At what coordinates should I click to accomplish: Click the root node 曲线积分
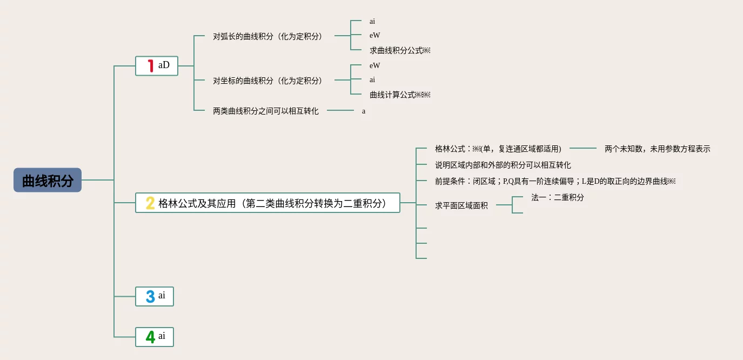(x=48, y=180)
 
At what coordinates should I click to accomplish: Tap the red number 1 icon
(x=151, y=66)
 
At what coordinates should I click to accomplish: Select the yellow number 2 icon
(x=150, y=203)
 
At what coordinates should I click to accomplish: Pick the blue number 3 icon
(x=150, y=296)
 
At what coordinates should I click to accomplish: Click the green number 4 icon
(x=150, y=337)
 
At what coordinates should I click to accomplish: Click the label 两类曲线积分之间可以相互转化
(x=266, y=111)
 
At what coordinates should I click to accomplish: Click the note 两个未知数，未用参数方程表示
(x=657, y=149)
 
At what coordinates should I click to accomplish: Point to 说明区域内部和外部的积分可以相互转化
(x=503, y=165)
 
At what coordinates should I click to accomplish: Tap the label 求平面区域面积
(x=461, y=205)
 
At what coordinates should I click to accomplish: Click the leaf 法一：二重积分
(x=557, y=197)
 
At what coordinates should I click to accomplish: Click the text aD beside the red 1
(x=164, y=65)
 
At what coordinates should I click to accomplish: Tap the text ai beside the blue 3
(x=162, y=296)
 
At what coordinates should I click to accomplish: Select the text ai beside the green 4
(x=162, y=336)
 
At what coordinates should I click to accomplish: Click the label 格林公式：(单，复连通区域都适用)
(x=498, y=149)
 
